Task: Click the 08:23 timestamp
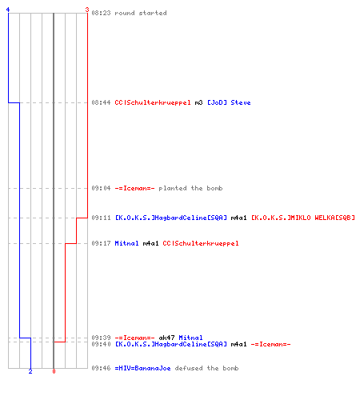point(101,13)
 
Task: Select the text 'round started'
point(141,13)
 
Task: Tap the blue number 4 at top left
point(8,10)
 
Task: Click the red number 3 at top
point(87,10)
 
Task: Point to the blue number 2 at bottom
point(30,371)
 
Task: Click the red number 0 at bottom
point(54,371)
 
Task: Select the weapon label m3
point(198,102)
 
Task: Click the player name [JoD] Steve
point(229,102)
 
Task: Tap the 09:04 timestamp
point(101,188)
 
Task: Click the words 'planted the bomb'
point(190,188)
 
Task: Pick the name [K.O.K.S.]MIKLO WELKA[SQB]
point(303,218)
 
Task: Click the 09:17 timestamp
point(101,243)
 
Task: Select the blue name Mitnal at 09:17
point(126,243)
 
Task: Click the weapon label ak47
point(166,338)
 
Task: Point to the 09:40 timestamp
point(101,344)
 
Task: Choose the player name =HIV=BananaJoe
point(142,368)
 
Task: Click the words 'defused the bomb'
point(206,368)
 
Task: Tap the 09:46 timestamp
point(101,368)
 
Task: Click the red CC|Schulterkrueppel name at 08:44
point(153,102)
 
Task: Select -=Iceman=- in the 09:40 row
point(270,344)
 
